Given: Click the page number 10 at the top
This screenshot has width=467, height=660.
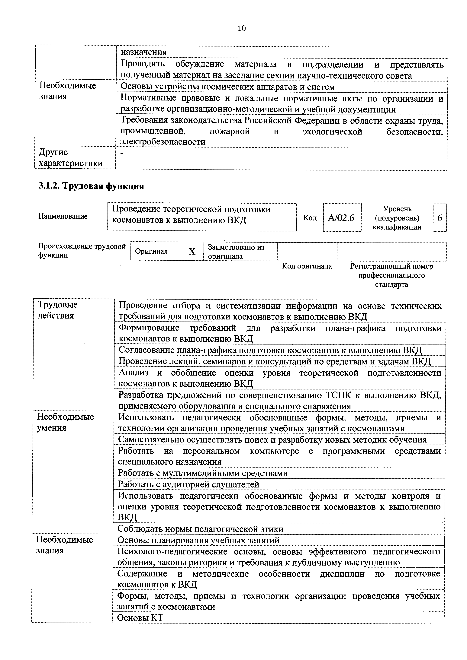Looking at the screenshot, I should click(242, 28).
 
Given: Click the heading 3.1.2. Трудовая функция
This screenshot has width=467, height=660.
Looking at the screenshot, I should click(91, 186).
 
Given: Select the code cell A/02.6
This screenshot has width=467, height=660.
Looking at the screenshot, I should click(342, 218).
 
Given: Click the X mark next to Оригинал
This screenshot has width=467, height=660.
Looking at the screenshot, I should click(192, 252).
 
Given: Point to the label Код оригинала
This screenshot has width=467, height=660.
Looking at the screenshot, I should click(307, 266).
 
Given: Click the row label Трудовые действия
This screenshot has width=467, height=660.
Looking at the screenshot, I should click(58, 310).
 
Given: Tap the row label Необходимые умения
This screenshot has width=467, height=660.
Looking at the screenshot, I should click(65, 422).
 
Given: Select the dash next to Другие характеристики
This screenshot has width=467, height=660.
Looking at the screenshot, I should click(122, 154).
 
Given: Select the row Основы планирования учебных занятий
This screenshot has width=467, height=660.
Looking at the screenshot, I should click(198, 540).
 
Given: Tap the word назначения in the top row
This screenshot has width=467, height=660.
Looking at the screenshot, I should click(143, 52).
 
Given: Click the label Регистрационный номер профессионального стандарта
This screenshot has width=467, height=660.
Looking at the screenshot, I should click(391, 275).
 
